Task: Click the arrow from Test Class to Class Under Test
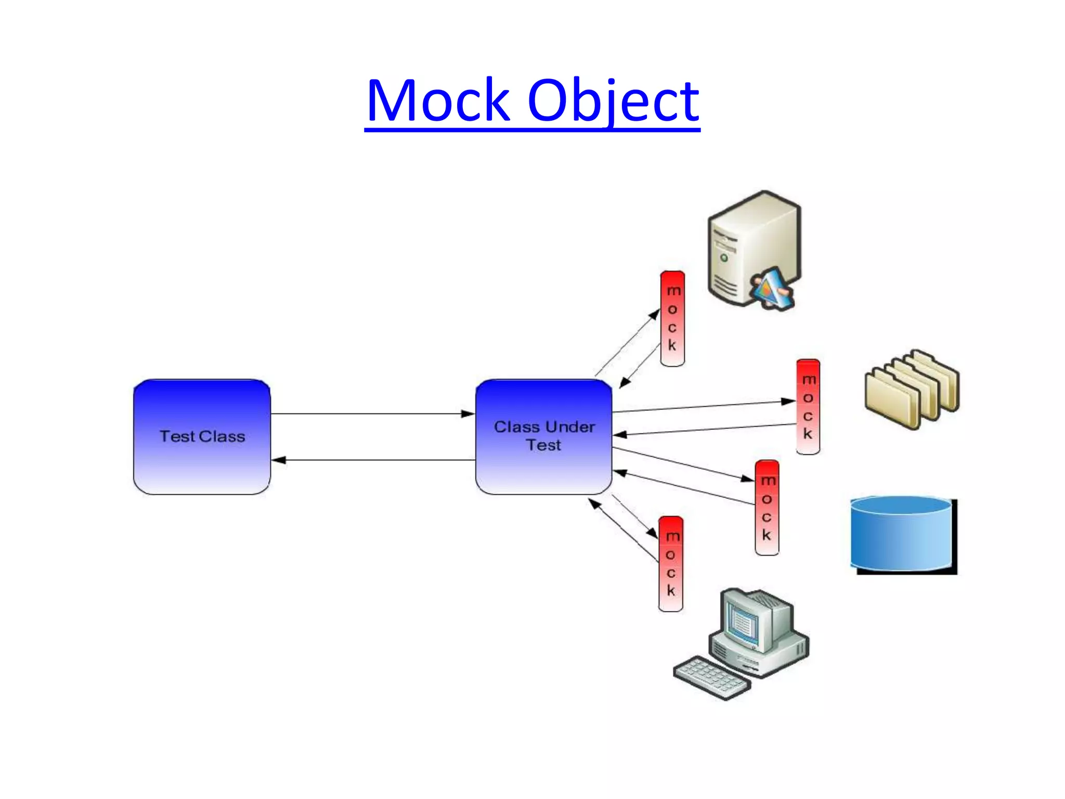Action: (372, 414)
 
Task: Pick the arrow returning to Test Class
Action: (372, 460)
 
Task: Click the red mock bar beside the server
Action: (672, 318)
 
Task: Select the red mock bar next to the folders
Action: (808, 406)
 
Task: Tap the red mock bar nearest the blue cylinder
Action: (767, 507)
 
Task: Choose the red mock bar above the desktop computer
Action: (671, 564)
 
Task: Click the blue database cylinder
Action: (902, 536)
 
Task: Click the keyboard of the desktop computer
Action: (711, 678)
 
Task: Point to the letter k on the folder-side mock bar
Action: (808, 433)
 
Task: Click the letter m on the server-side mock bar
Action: (673, 290)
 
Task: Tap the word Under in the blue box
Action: (569, 427)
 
